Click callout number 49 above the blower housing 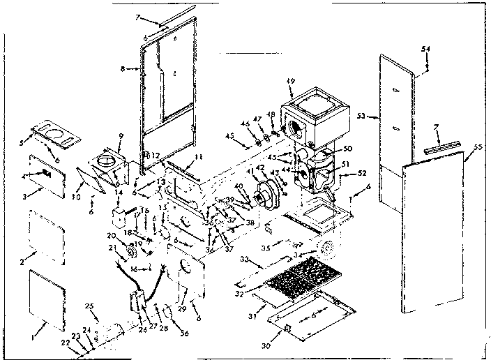(290, 81)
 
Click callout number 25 (89, 307)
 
